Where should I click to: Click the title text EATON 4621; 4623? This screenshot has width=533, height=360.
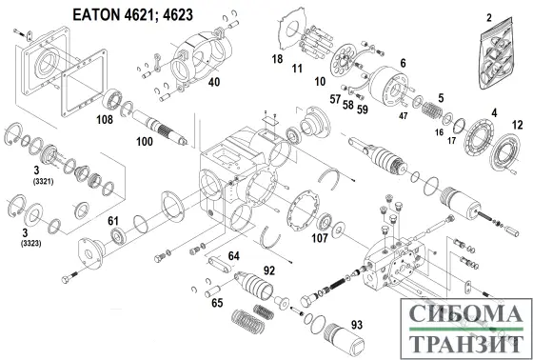point(133,14)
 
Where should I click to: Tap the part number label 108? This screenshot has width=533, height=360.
point(105,119)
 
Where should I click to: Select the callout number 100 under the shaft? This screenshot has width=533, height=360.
point(145,141)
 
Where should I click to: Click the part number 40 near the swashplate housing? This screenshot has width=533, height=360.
point(214,82)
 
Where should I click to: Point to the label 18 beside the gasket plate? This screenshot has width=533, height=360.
point(277,59)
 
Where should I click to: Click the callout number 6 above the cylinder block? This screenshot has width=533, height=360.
point(403,63)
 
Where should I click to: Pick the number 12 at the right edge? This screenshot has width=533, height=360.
point(517,125)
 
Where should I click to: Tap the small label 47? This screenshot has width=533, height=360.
point(404,116)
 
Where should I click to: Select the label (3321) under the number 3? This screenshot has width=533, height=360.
point(43,181)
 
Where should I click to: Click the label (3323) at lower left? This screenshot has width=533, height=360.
point(30,243)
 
